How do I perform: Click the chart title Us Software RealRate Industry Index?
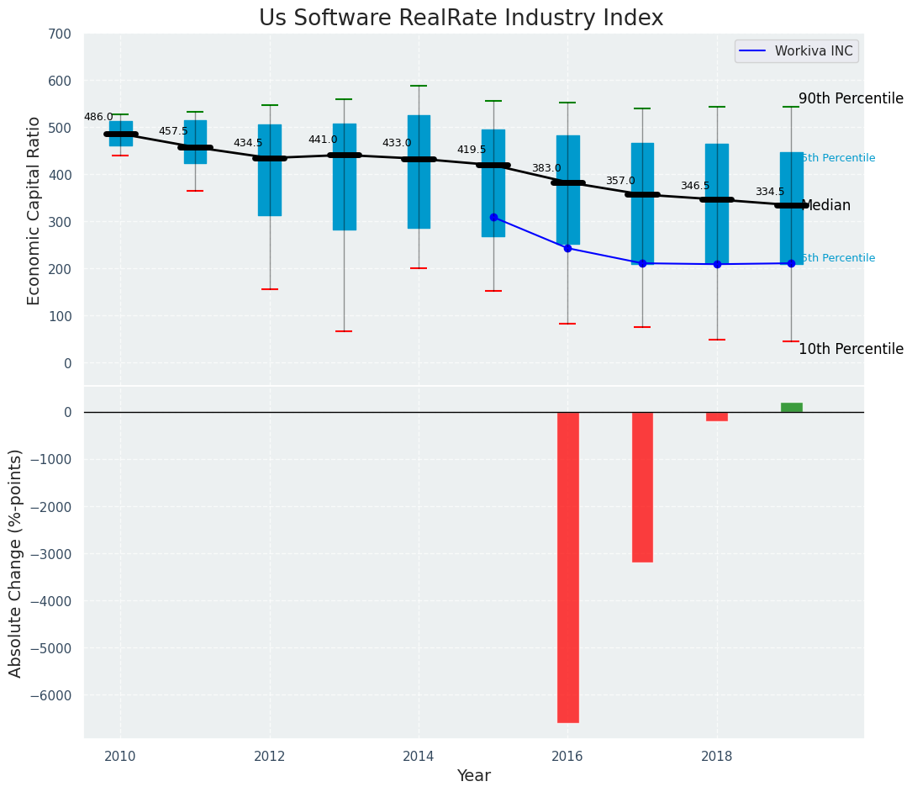pyautogui.click(x=461, y=18)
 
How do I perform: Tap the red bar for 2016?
pyautogui.click(x=568, y=567)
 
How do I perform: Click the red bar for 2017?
pyautogui.click(x=642, y=487)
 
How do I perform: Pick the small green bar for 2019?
pyautogui.click(x=791, y=407)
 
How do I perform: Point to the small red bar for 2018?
pyautogui.click(x=717, y=416)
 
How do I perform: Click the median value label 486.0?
pyautogui.click(x=98, y=117)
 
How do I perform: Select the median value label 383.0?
pyautogui.click(x=546, y=168)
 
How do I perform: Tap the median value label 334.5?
pyautogui.click(x=769, y=192)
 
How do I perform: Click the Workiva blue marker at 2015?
pyautogui.click(x=493, y=217)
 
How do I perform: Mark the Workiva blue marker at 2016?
pyautogui.click(x=568, y=248)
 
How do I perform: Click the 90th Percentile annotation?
pyautogui.click(x=851, y=98)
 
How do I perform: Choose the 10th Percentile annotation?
pyautogui.click(x=851, y=349)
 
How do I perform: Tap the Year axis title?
pyautogui.click(x=474, y=776)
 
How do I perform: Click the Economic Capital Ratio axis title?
pyautogui.click(x=34, y=210)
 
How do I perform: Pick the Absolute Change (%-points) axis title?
pyautogui.click(x=16, y=562)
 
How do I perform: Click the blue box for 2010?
pyautogui.click(x=120, y=134)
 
